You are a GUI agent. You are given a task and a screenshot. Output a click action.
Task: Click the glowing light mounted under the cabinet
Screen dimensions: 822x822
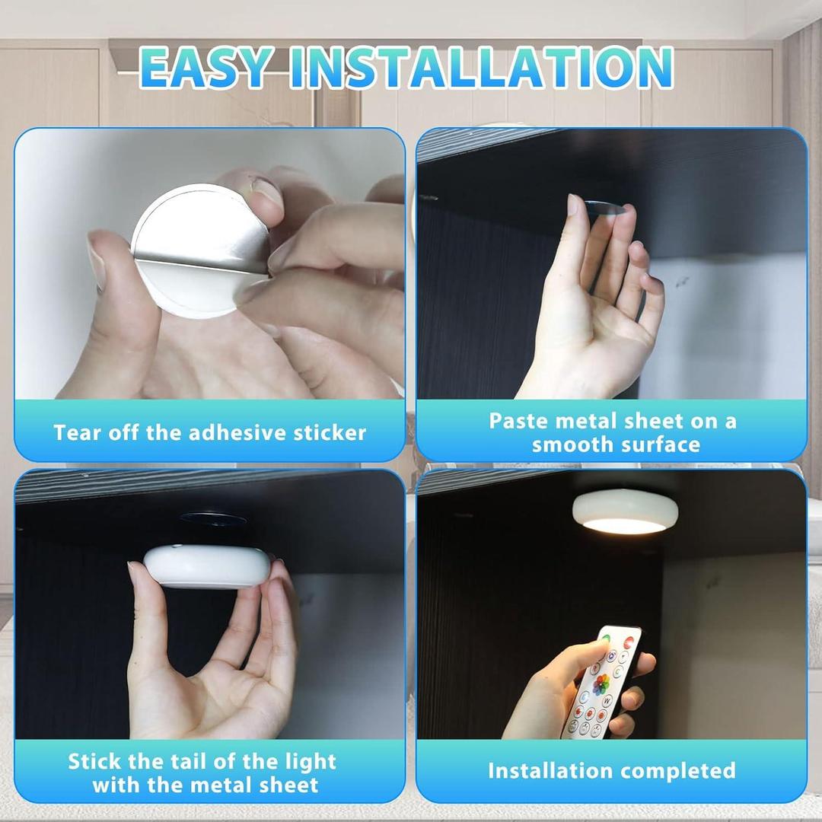(625, 512)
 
